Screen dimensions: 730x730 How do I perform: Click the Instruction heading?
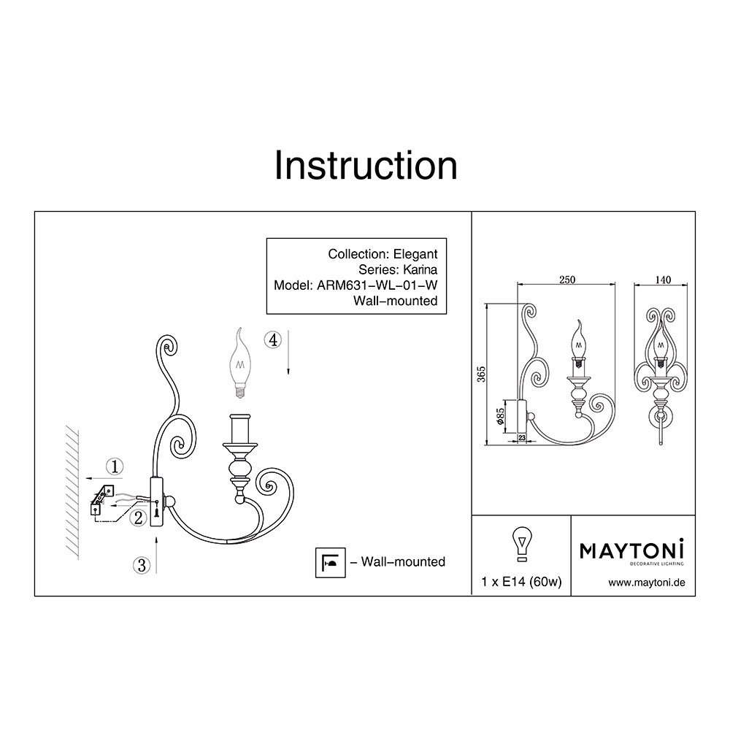point(366,165)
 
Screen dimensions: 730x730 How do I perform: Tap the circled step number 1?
point(115,466)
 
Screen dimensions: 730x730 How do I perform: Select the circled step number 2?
point(138,518)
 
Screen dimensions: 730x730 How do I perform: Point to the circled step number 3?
point(142,566)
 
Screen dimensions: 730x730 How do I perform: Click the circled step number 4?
point(273,340)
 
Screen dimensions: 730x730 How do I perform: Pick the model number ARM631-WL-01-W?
point(377,285)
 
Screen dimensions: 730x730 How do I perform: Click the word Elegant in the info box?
point(415,254)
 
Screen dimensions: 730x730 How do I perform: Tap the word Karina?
point(420,269)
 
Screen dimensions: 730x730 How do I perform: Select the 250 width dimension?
point(567,280)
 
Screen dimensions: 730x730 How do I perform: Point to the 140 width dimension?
point(663,280)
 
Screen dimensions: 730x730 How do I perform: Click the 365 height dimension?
point(481,374)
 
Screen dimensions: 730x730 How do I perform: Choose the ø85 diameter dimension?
point(501,416)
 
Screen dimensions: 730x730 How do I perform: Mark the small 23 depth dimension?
point(521,437)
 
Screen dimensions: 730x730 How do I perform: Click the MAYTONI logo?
point(631,552)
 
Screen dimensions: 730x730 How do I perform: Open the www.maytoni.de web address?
point(647,583)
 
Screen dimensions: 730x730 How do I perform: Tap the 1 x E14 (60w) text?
point(521,582)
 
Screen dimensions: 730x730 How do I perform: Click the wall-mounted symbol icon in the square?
point(331,562)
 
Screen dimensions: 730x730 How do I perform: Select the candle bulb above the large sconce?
point(241,363)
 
